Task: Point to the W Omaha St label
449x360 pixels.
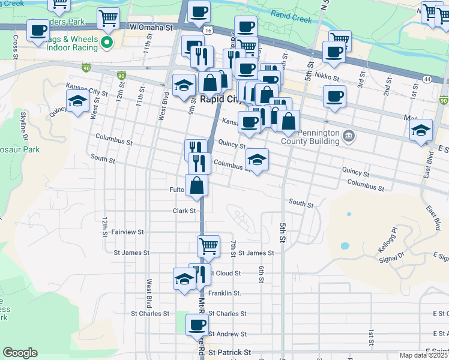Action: [155, 28]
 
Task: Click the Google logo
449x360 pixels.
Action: [20, 353]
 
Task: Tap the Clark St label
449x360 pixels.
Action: [184, 211]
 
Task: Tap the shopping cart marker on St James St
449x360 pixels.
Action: [208, 245]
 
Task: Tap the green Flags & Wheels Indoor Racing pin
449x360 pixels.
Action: [107, 42]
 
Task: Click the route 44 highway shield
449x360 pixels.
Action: [427, 79]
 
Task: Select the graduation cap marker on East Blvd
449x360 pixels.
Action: [421, 130]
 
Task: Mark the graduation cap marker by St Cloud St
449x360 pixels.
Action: [184, 278]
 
